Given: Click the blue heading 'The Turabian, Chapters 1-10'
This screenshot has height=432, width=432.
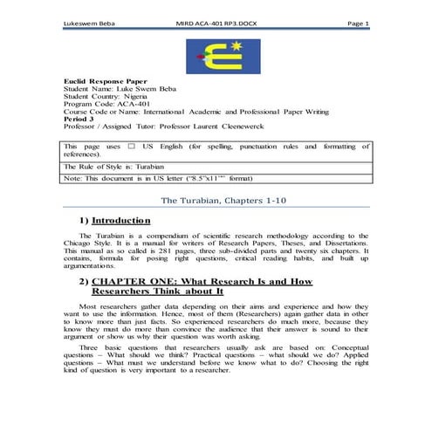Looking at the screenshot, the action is (216, 201).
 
